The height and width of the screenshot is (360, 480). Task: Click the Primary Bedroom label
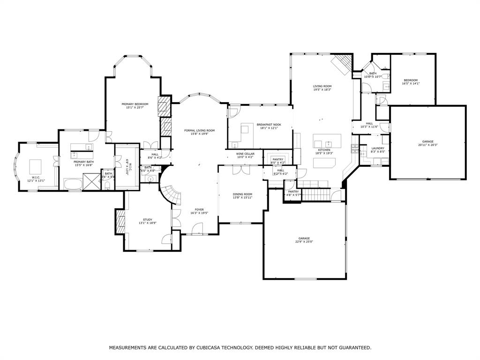coord(135,104)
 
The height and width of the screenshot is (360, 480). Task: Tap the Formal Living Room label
coord(199,130)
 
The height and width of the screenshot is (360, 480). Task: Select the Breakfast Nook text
coord(269,125)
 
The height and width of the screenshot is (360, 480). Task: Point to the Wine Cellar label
coord(245,154)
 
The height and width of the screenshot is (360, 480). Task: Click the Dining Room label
coord(242,194)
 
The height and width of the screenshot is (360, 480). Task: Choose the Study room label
coord(148,220)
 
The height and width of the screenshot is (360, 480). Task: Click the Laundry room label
coord(378,149)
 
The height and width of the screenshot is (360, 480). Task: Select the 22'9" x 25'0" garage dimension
coord(304,242)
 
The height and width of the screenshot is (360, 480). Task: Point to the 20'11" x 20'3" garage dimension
coord(427,145)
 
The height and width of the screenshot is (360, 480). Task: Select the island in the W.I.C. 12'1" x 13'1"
coord(36,166)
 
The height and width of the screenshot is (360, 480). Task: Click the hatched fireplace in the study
coord(120,220)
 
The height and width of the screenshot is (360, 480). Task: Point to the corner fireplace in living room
coord(341,64)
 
